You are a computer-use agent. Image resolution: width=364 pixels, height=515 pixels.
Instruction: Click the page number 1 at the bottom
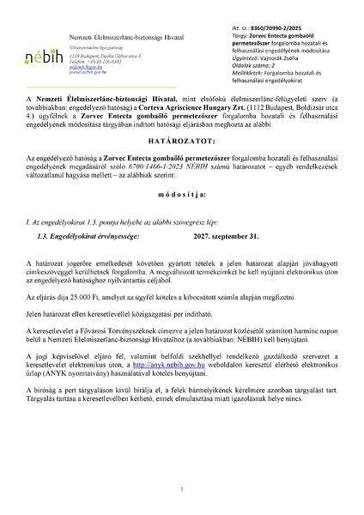click(x=183, y=488)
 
